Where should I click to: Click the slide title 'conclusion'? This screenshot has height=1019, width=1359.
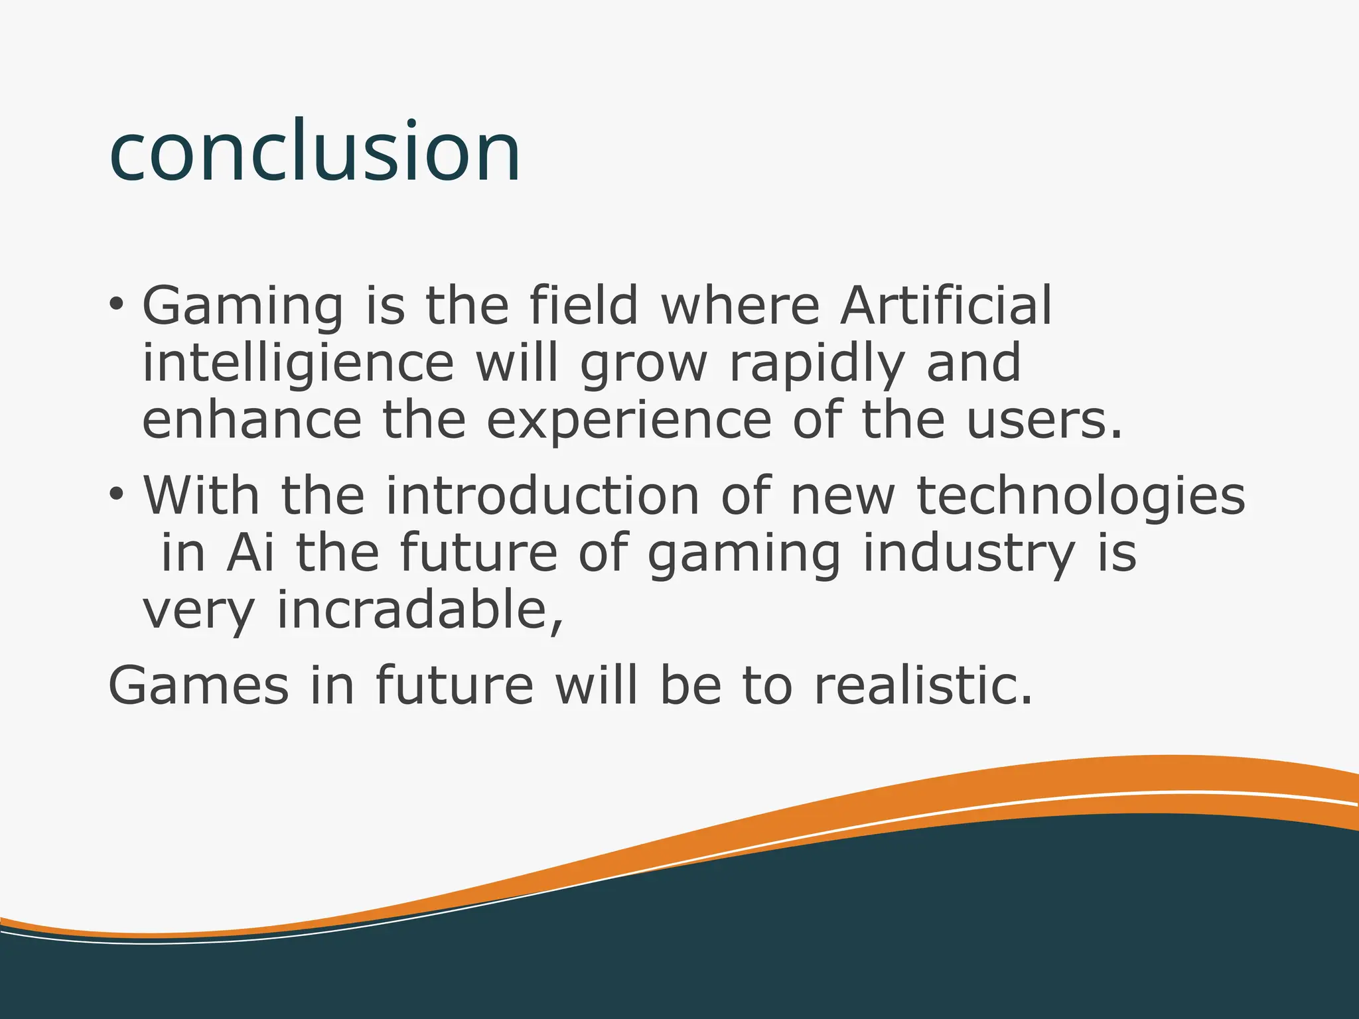(x=315, y=151)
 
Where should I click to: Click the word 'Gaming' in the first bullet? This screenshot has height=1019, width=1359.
(x=243, y=306)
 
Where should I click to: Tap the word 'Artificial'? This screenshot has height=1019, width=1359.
(x=946, y=305)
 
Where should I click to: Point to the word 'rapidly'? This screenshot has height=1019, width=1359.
(x=817, y=364)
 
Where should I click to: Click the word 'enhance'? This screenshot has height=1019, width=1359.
(x=252, y=421)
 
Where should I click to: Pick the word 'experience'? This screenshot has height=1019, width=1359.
(x=629, y=422)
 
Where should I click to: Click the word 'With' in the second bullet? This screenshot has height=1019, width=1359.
(x=201, y=495)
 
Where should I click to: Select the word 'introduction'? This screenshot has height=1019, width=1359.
(x=543, y=495)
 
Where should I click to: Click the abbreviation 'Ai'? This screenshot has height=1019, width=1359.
(x=250, y=552)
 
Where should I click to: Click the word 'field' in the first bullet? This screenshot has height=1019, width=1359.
(x=583, y=305)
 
